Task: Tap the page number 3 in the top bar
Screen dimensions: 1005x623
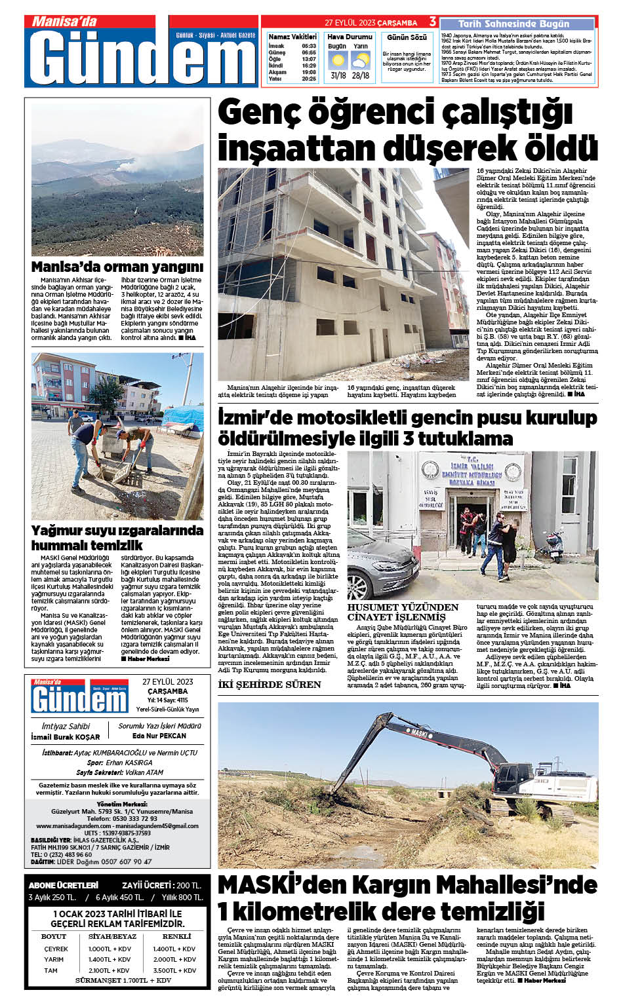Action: tap(433, 22)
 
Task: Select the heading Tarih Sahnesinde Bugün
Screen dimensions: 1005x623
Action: tap(513, 24)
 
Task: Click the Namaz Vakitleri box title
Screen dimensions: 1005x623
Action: tap(292, 37)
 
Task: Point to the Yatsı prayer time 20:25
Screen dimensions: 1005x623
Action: tap(309, 79)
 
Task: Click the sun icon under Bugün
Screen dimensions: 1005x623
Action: tap(338, 61)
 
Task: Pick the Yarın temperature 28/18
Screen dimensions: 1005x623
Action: tap(360, 75)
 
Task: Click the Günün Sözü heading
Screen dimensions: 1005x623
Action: tap(407, 37)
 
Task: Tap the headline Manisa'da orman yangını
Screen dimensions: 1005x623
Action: tap(117, 267)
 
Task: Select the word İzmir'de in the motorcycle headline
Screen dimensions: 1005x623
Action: tap(254, 418)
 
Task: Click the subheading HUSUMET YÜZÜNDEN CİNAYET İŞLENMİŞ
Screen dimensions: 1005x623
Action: tap(403, 612)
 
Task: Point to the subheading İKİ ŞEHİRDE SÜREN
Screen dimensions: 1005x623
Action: tap(270, 685)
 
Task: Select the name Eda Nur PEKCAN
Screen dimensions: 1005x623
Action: tap(159, 736)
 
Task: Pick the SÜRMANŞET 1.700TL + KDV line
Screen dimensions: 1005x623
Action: tap(123, 980)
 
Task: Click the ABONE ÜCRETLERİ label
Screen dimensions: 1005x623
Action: tap(64, 885)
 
